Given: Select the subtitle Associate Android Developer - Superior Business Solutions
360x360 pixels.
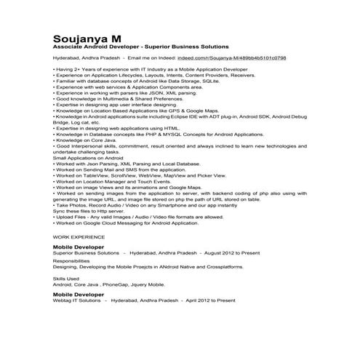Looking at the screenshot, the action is [141, 46].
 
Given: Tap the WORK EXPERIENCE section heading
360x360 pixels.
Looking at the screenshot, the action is [81, 236].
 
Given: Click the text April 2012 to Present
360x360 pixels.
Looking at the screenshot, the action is [210, 300].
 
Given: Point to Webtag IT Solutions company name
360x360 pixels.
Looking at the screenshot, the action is [76, 300].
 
